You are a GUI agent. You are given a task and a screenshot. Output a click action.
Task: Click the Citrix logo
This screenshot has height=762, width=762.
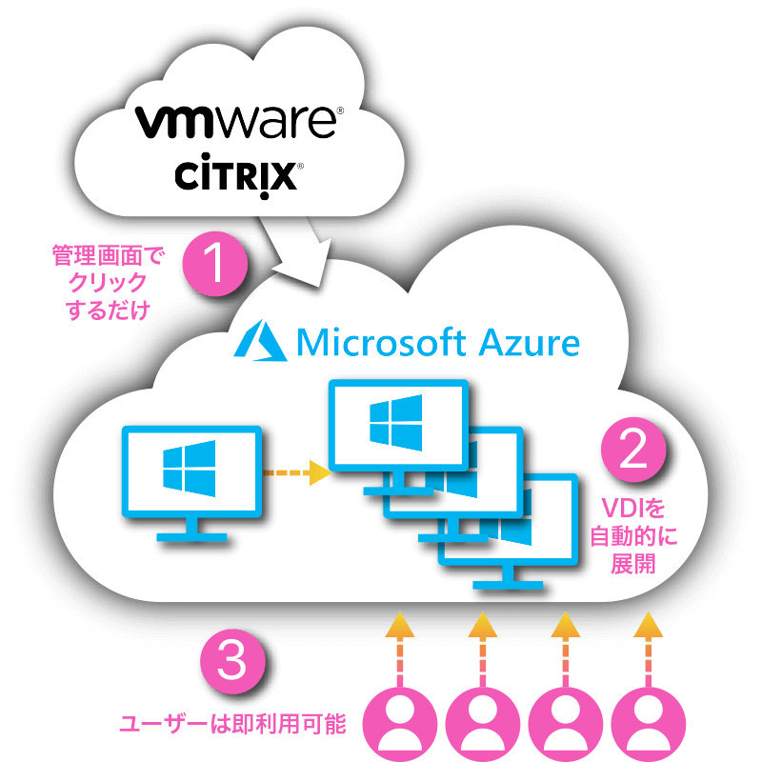[238, 178]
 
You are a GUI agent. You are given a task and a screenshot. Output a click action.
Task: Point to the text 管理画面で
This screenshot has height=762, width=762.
[108, 255]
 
